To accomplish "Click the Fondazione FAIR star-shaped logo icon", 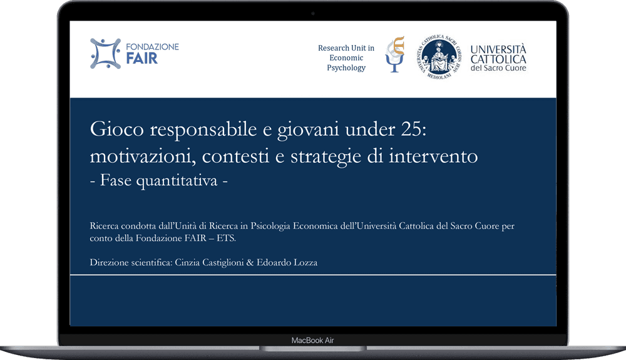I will tap(106, 54).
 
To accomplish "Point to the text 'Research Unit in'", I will tap(346, 48).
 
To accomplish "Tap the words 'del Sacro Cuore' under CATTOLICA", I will tap(498, 68).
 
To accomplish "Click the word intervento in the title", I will tap(438, 156).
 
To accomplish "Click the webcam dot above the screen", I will tap(313, 14).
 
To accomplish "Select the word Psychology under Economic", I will tap(346, 68).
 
